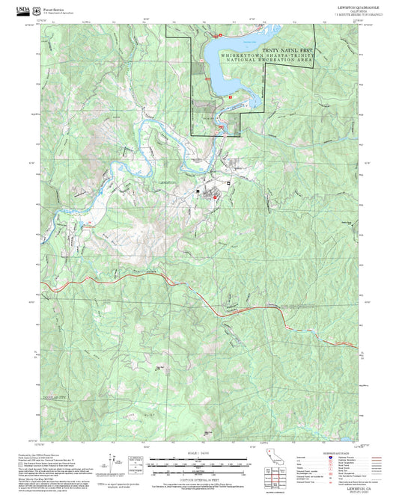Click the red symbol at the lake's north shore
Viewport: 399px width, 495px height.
point(219,35)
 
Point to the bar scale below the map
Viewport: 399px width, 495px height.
point(198,464)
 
